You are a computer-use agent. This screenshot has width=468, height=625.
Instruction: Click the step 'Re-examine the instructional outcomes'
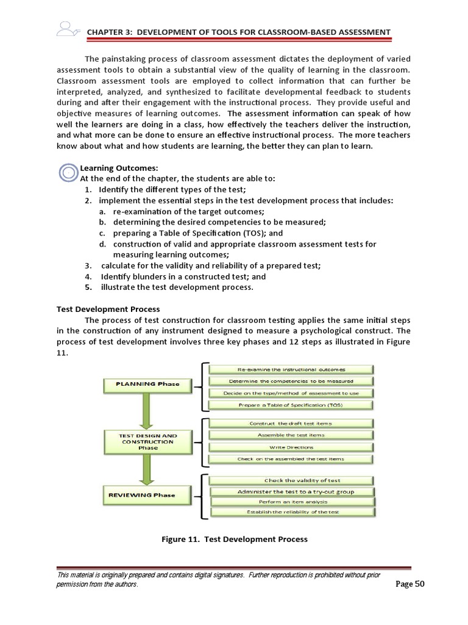click(x=291, y=369)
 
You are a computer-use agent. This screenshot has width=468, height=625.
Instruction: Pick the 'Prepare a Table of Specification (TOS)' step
click(x=291, y=405)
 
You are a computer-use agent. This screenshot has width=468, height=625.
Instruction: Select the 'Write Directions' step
click(x=291, y=447)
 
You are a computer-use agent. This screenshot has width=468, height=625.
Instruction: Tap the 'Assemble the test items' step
click(x=291, y=435)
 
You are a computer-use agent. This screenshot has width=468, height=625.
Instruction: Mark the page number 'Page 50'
click(x=410, y=583)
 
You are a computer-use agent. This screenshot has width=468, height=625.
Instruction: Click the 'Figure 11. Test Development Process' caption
click(x=234, y=539)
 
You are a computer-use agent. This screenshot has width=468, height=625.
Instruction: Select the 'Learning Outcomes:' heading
click(x=110, y=168)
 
